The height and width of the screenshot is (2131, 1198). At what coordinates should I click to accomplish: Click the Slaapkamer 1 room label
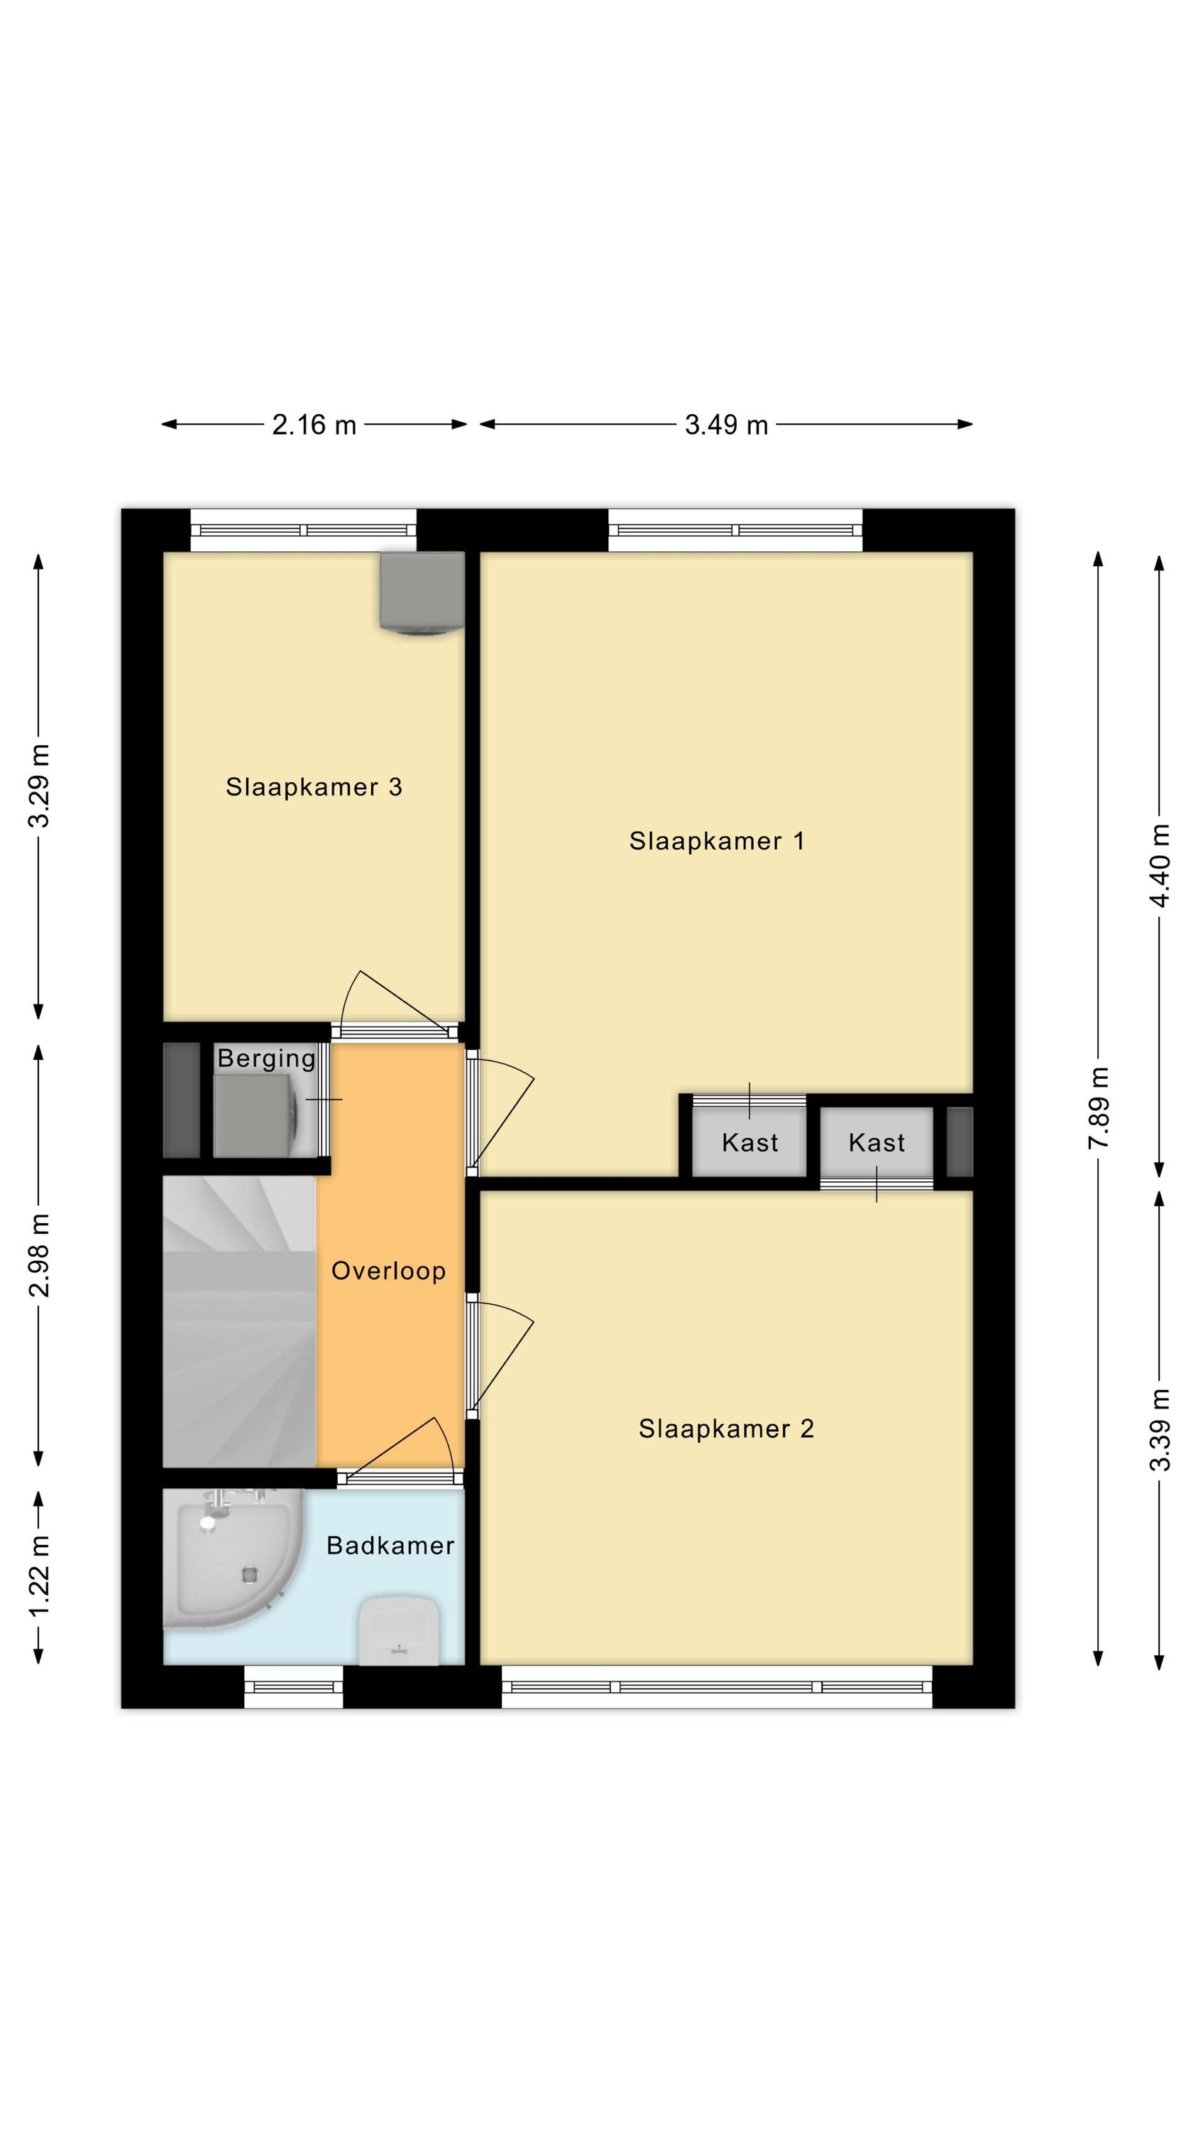tap(716, 841)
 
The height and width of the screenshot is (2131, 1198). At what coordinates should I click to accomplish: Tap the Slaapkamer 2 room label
tap(726, 1428)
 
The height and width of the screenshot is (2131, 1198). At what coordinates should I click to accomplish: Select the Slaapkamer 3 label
tap(314, 787)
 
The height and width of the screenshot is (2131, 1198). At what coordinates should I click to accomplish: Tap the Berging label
tap(266, 1059)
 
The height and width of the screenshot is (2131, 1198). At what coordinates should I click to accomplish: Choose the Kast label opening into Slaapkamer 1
tap(750, 1142)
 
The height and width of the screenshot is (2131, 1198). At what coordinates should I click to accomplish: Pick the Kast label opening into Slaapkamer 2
tap(876, 1142)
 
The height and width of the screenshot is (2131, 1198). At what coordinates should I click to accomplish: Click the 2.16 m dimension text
tap(314, 425)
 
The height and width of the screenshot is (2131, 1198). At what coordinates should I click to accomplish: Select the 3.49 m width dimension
tap(727, 425)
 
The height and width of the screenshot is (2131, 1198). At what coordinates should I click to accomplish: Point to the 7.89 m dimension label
tap(1099, 1107)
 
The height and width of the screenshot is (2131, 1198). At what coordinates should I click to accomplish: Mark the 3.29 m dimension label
tap(39, 786)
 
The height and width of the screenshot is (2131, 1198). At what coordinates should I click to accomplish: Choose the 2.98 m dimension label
tap(39, 1255)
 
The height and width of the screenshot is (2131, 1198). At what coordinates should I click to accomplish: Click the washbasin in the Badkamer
tap(399, 1630)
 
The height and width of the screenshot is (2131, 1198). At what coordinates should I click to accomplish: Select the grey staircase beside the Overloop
tap(240, 1321)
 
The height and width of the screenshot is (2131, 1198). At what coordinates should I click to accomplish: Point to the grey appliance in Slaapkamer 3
tap(422, 594)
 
